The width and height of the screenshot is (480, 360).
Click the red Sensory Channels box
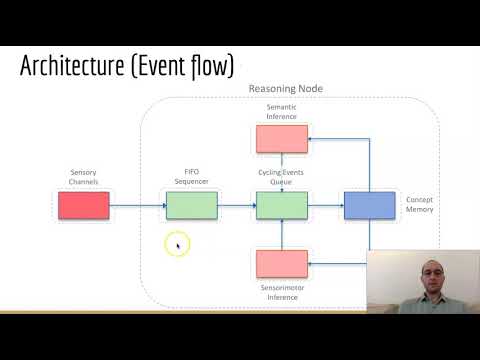point(84,206)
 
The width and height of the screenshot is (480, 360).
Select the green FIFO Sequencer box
point(191,206)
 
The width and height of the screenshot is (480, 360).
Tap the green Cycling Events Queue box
point(281,206)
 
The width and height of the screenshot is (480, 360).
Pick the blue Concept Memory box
point(370,206)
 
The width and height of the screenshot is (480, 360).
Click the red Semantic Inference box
point(281,139)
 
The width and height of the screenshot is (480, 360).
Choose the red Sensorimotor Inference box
point(281,263)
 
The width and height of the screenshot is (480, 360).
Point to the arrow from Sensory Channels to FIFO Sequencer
point(137,206)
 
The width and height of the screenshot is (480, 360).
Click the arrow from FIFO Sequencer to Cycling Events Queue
point(236,206)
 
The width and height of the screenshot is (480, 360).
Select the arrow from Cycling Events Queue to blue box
point(325,206)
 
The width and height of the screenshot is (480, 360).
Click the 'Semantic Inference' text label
point(281,112)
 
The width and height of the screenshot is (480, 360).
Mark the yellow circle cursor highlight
point(178,243)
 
